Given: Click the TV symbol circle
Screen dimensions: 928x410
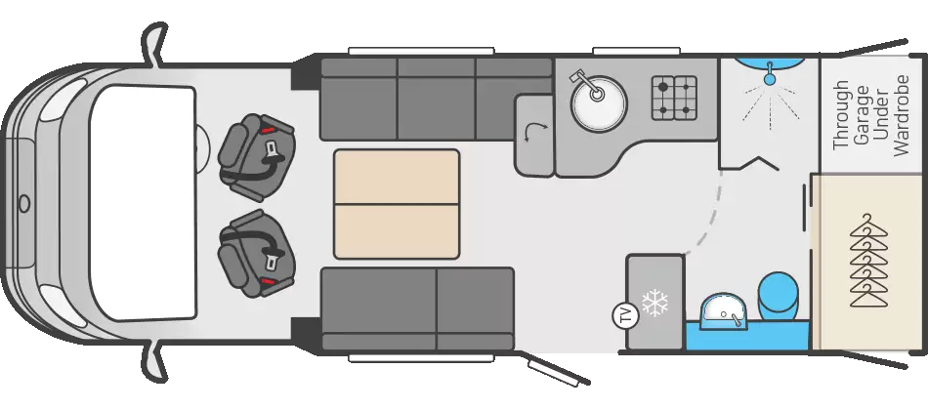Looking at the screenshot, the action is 625,314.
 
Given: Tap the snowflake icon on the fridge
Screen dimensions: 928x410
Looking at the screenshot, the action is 655,303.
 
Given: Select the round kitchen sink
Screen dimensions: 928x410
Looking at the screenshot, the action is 599,104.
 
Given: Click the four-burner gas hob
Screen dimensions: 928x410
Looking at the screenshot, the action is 674,98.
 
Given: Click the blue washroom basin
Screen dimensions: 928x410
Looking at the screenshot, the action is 723,312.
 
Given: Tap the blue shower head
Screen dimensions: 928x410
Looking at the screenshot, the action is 770,74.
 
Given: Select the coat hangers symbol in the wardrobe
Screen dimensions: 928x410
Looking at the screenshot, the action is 868,261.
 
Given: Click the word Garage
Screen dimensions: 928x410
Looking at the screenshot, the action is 862,115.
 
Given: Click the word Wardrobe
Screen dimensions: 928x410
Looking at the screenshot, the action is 902,115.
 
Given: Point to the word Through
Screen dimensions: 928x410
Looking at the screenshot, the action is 841,115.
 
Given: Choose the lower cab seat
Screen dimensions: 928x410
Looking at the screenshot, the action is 256,253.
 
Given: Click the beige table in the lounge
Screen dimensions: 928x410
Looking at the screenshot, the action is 397,204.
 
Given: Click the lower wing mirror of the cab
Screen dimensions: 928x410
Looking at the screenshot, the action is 154,363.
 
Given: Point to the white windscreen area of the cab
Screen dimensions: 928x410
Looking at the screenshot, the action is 142,203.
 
